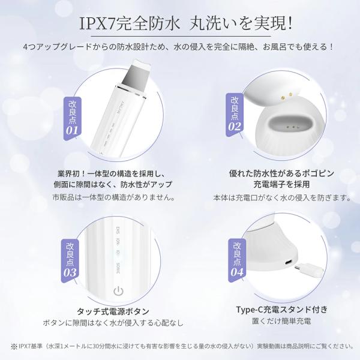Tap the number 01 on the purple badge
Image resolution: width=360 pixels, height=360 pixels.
tap(72, 130)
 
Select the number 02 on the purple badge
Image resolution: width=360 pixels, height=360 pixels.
tap(235, 127)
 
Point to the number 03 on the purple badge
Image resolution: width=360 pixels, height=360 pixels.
tap(70, 272)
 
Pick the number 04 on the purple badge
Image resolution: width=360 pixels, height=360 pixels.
tap(237, 272)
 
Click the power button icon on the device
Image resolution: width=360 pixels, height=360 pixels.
tap(118, 292)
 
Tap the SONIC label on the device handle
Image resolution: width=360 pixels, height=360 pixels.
tap(118, 268)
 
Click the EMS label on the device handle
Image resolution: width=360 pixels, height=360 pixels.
tap(118, 230)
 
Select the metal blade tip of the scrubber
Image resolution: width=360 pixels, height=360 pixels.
tap(134, 74)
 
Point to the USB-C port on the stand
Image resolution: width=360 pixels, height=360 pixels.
tap(289, 262)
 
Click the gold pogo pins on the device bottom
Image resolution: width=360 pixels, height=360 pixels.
tap(287, 96)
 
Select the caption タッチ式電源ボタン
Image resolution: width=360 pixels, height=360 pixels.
tap(113, 311)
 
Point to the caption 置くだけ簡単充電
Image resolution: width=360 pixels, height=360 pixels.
tap(281, 321)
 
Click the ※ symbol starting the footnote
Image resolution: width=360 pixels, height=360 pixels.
tap(14, 346)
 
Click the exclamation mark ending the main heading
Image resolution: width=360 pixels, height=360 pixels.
tap(290, 23)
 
